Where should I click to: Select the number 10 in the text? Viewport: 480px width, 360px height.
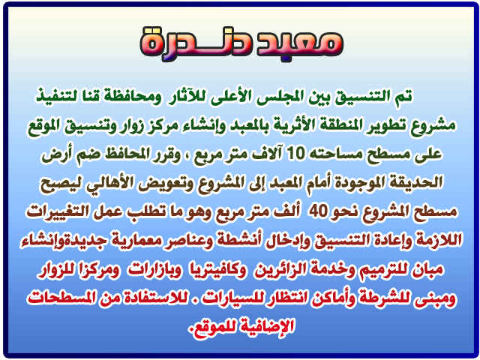[x=295, y=153]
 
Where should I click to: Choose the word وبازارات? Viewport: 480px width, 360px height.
[x=154, y=269]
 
